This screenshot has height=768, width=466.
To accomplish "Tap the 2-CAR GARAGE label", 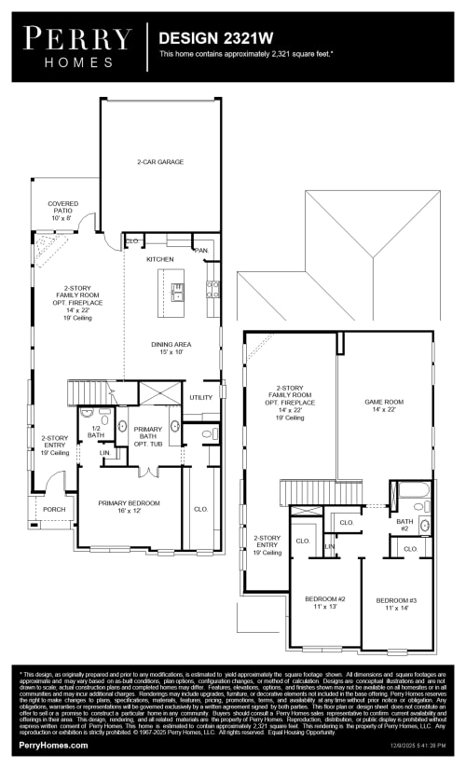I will (x=160, y=162).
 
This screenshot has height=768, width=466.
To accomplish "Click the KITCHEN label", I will (x=159, y=259).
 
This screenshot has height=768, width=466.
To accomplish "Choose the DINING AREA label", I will (x=172, y=348).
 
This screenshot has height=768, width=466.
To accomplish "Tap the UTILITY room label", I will (x=200, y=397).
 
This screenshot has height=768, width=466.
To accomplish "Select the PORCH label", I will (x=54, y=510).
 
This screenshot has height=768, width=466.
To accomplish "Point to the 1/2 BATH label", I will (x=96, y=432).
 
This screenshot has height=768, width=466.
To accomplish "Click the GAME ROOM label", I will (x=384, y=405).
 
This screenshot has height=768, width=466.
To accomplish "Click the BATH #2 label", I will (x=404, y=525).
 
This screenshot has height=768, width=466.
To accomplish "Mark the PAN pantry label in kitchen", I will (x=200, y=250).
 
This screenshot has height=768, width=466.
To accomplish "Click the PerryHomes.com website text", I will (x=54, y=745).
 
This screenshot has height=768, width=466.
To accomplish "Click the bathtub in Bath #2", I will (x=410, y=494).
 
